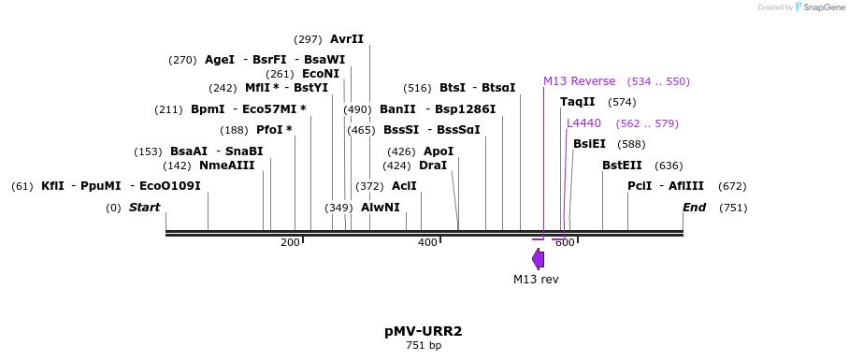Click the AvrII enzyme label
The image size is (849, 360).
click(347, 39)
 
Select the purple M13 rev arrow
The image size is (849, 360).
click(538, 258)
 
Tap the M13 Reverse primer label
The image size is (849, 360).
click(579, 81)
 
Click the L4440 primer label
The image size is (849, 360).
click(583, 123)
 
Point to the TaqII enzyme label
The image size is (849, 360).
click(577, 102)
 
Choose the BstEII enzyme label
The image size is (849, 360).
click(622, 166)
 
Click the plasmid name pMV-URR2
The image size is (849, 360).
click(424, 331)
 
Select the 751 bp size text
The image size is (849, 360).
click(424, 346)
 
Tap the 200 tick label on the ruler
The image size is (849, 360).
click(290, 243)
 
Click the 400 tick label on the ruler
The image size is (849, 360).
click(427, 243)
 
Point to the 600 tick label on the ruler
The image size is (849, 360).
click(565, 243)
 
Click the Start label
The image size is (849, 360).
click(144, 208)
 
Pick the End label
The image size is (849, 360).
click(694, 208)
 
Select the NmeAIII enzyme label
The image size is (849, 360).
click(226, 166)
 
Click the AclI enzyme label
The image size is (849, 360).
click(404, 186)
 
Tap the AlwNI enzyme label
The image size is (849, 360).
click(380, 208)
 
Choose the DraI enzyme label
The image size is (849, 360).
click(433, 166)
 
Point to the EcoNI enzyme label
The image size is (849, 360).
click(321, 74)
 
